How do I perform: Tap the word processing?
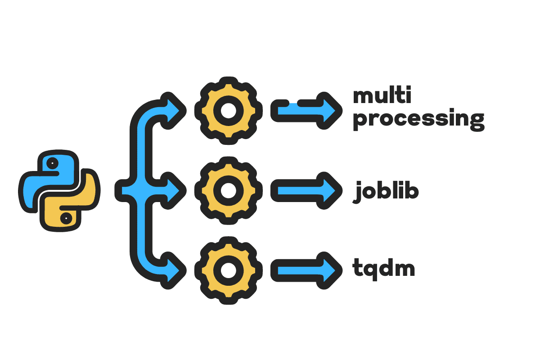(418, 119)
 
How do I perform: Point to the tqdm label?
(383, 270)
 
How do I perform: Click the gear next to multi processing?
(227, 110)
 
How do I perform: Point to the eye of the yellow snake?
(66, 218)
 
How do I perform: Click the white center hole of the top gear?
(227, 110)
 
